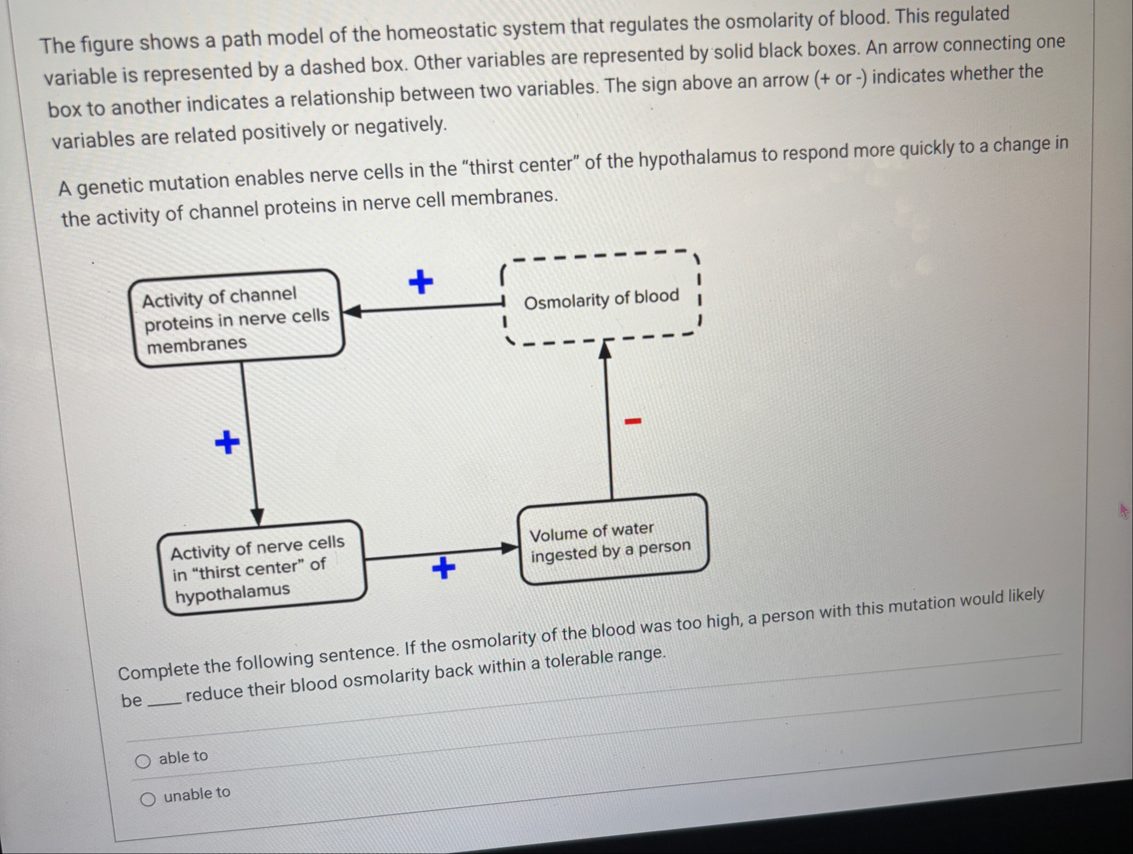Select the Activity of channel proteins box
pos(237,319)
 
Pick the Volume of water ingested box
pos(612,540)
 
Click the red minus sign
pos(633,421)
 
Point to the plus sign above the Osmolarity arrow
pos(421,282)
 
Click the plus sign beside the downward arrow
pos(227,442)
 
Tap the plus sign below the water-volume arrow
pos(443,568)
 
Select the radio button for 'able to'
pos(143,761)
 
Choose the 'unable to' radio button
pos(148,799)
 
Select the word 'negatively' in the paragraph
pos(400,127)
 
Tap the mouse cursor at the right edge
pos(1124,510)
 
